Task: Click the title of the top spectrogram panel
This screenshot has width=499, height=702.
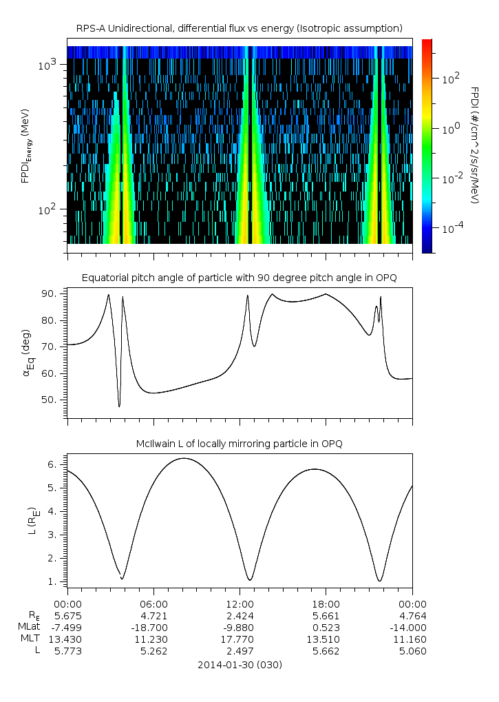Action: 239,28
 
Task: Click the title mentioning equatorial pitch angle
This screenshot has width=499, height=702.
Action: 239,278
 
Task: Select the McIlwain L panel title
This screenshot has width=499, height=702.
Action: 239,444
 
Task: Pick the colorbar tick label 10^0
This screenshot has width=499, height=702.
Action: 451,129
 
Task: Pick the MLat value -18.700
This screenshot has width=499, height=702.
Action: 153,628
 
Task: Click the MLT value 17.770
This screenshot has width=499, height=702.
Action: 240,639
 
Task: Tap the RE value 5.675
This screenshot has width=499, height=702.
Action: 67,615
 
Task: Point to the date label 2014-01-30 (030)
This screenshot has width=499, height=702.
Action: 239,665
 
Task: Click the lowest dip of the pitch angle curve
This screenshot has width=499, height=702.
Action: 119,406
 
